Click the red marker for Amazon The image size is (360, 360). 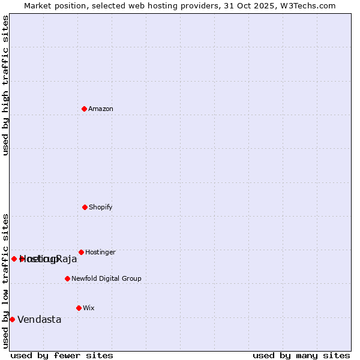[x=85, y=109]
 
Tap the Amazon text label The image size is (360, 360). [x=101, y=109]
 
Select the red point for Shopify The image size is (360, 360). [x=85, y=207]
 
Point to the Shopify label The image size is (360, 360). [x=101, y=208]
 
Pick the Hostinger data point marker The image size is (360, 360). [x=81, y=252]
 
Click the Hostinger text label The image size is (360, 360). [x=100, y=253]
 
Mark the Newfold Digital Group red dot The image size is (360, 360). [x=67, y=278]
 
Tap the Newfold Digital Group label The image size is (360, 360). [x=106, y=279]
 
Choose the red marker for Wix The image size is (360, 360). [x=79, y=308]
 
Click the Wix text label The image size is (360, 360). [x=89, y=308]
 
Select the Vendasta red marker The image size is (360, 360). [x=12, y=319]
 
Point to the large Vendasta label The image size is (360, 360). [x=40, y=320]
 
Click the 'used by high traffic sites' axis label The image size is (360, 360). [x=6, y=85]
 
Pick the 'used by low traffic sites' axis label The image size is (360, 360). [x=6, y=281]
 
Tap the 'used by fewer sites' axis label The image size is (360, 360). [x=62, y=355]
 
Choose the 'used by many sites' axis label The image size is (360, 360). [x=301, y=355]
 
